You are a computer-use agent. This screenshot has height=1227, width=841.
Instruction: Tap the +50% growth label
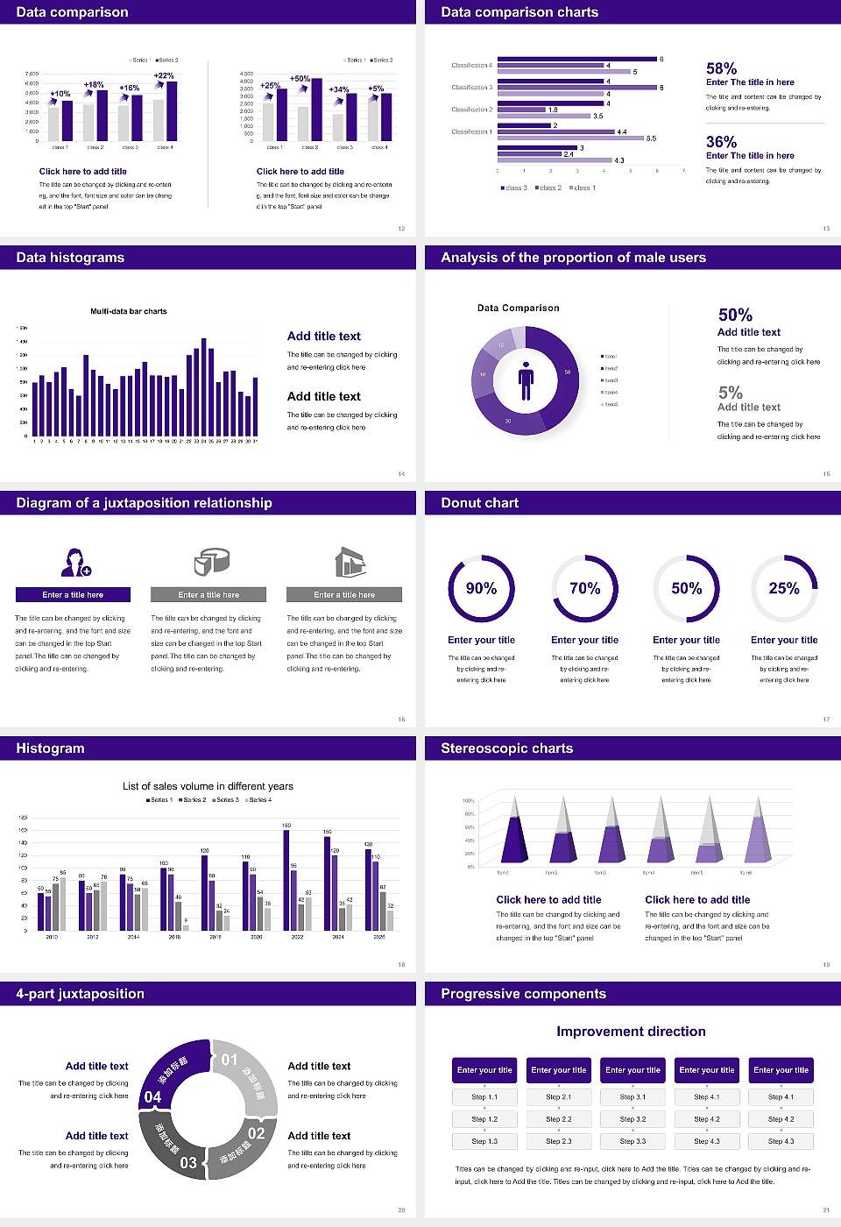click(x=300, y=79)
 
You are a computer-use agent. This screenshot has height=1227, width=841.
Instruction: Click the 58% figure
click(x=721, y=68)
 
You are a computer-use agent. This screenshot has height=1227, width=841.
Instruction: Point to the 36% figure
click(x=721, y=142)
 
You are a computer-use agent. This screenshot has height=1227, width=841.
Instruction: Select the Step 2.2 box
click(x=559, y=1119)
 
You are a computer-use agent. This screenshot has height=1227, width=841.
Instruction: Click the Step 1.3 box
click(x=484, y=1141)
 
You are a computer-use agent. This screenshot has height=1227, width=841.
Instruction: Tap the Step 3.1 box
click(x=633, y=1097)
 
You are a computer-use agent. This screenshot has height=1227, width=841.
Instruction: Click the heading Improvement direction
click(x=631, y=1032)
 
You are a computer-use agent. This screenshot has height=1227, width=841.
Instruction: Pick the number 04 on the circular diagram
click(x=152, y=1097)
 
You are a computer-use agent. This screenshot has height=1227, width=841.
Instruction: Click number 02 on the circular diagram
click(x=256, y=1133)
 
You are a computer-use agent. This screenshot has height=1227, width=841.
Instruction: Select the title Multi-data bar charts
click(x=129, y=311)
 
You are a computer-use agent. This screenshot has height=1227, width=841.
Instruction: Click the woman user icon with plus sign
click(x=75, y=562)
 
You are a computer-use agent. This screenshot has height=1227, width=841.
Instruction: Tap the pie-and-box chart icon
click(x=210, y=562)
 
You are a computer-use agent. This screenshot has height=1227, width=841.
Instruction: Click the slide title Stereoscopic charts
click(x=506, y=748)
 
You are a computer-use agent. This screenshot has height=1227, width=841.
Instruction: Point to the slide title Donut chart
click(x=479, y=503)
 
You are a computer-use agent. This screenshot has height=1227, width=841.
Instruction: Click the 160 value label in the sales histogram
click(x=286, y=826)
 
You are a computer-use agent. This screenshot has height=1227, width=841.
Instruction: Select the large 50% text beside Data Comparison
click(x=735, y=315)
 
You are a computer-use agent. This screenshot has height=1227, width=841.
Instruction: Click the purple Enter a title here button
click(x=74, y=595)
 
